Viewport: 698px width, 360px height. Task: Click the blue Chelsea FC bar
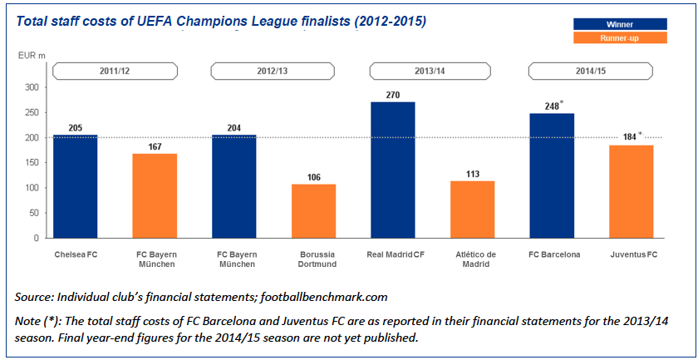pyautogui.click(x=75, y=186)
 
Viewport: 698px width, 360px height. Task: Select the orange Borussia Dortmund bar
pyautogui.click(x=313, y=211)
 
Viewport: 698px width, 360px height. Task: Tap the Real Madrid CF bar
pyautogui.click(x=393, y=170)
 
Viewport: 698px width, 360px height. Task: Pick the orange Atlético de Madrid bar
pyautogui.click(x=472, y=210)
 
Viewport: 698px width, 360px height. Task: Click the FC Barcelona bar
pyautogui.click(x=552, y=175)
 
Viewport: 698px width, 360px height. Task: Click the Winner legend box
pyautogui.click(x=620, y=23)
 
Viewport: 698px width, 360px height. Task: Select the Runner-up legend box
pyautogui.click(x=620, y=38)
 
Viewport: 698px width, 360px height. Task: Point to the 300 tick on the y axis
pyautogui.click(x=32, y=87)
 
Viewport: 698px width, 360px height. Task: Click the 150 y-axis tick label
pyautogui.click(x=32, y=163)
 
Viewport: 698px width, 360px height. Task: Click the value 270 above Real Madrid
pyautogui.click(x=393, y=95)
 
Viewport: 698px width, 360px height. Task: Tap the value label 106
pyautogui.click(x=313, y=177)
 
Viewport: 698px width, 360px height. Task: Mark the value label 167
pyautogui.click(x=155, y=146)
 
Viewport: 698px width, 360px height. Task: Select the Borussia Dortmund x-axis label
pyautogui.click(x=313, y=259)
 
